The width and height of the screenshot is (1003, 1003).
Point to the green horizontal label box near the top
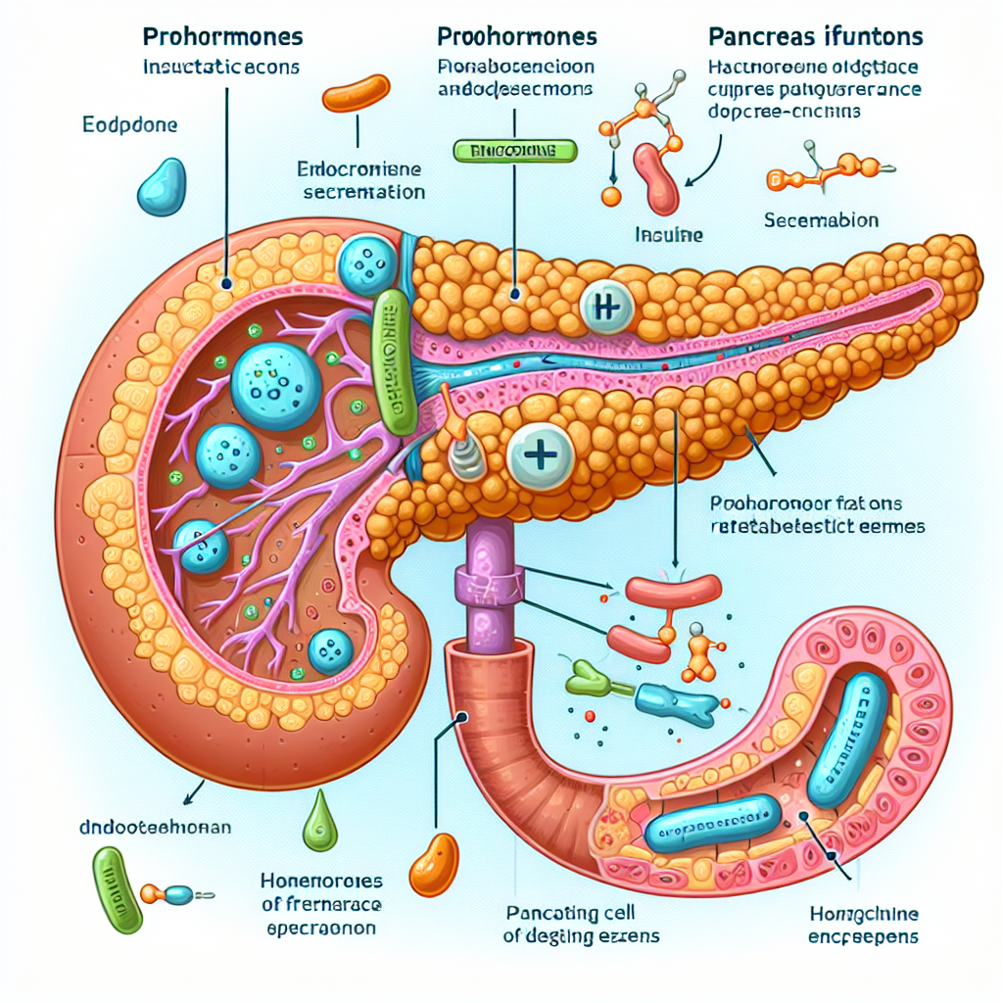tap(515, 151)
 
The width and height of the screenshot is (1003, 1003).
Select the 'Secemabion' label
tap(821, 220)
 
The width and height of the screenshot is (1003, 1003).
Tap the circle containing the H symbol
tap(608, 308)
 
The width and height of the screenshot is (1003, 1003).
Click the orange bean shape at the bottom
tap(433, 862)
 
